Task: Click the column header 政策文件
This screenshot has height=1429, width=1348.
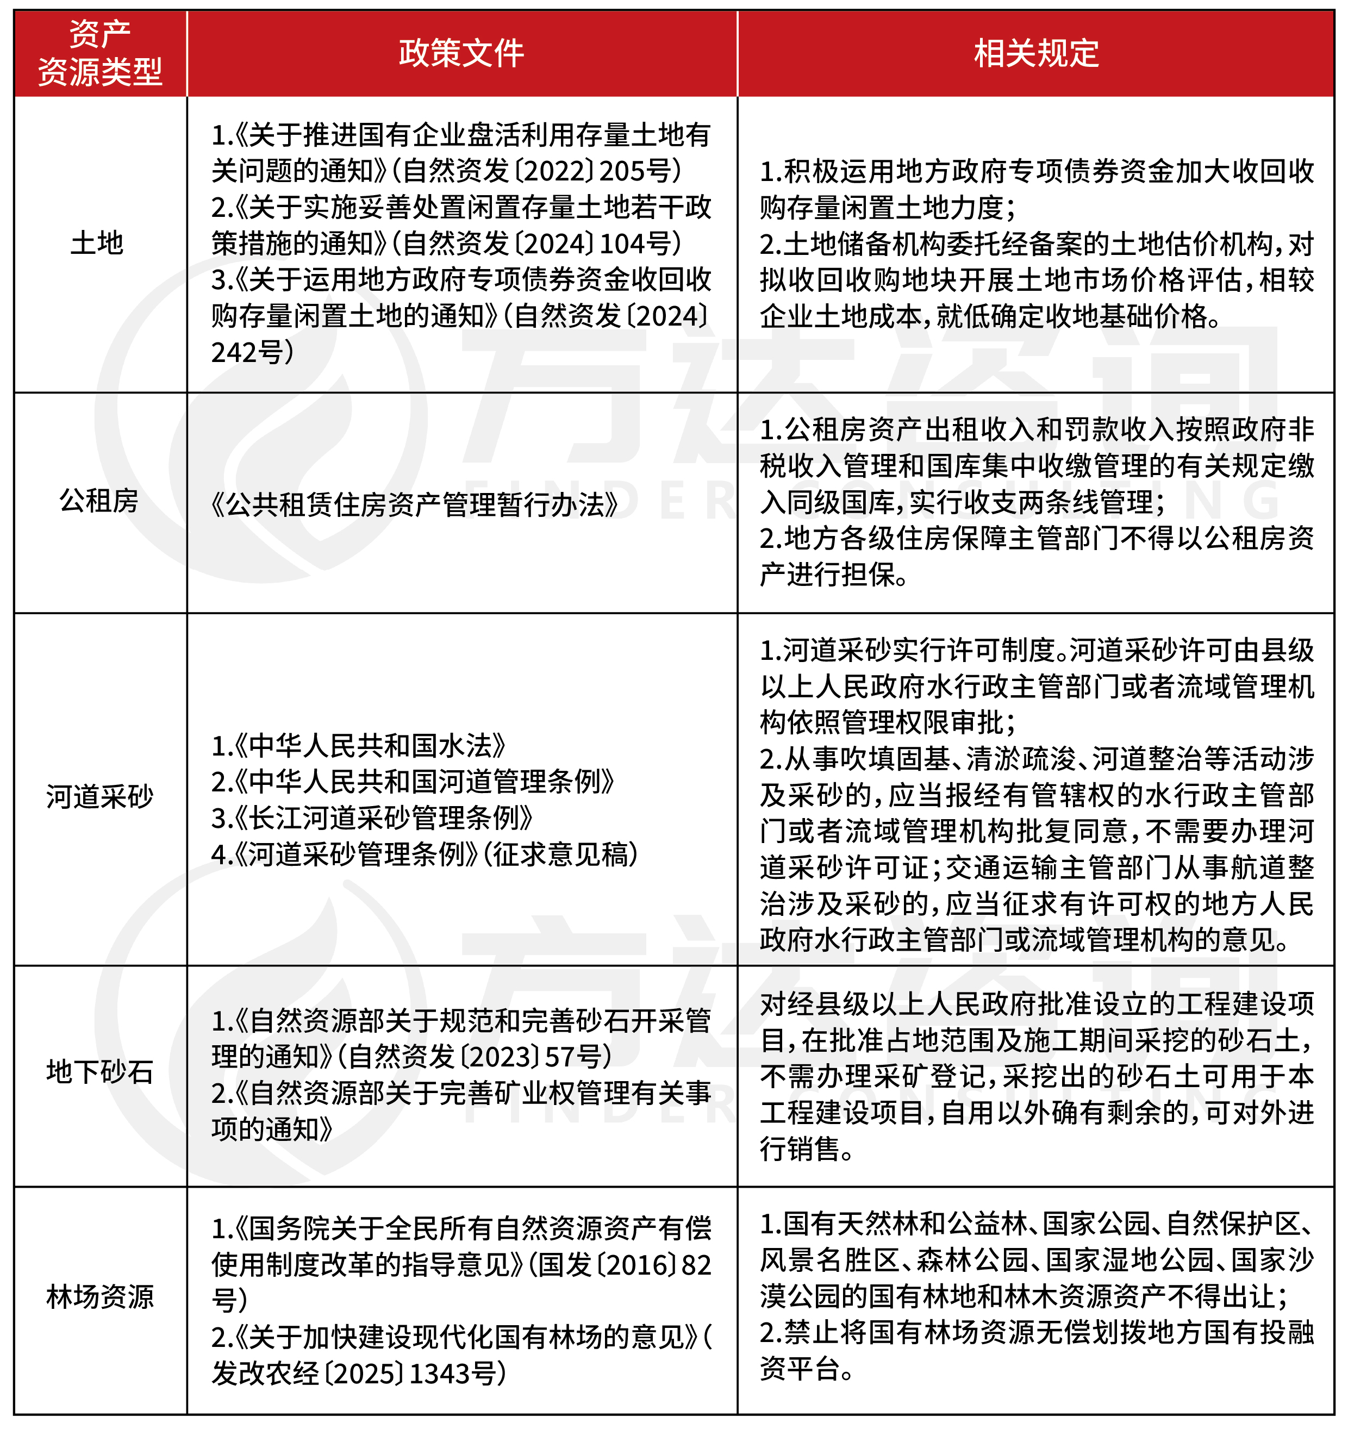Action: (461, 53)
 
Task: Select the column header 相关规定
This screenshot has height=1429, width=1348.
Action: (1035, 53)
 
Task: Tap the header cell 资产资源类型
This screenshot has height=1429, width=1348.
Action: (100, 53)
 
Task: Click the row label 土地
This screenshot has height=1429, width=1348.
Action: (97, 243)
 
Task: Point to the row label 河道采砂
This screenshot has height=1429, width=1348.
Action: (100, 796)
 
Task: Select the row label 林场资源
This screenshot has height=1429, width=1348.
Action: (100, 1296)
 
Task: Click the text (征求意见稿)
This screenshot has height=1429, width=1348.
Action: (561, 854)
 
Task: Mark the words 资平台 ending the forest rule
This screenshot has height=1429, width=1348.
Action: (798, 1369)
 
